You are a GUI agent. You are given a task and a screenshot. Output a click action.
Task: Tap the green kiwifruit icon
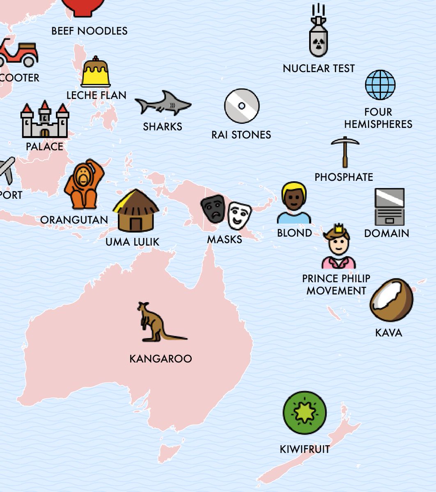tap(305, 412)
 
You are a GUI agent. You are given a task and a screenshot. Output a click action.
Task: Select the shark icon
tap(163, 103)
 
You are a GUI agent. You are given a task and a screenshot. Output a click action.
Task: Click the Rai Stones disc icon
tap(242, 106)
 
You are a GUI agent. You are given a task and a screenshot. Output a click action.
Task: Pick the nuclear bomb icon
tap(318, 35)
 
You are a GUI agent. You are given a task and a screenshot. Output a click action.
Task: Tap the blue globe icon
tap(380, 85)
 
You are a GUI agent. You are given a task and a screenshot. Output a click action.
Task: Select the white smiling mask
tap(239, 215)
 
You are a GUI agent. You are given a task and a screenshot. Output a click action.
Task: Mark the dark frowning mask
tap(213, 208)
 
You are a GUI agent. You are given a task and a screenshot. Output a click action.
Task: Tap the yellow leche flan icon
tap(95, 73)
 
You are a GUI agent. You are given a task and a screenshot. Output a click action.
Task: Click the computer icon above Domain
tap(389, 207)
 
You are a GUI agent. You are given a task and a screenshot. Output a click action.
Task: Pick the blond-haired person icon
tap(294, 203)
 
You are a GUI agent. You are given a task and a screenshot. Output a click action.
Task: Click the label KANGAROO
tap(161, 359)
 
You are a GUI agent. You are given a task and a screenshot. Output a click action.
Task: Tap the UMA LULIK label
tap(132, 242)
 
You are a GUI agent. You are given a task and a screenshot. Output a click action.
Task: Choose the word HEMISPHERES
tap(378, 124)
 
